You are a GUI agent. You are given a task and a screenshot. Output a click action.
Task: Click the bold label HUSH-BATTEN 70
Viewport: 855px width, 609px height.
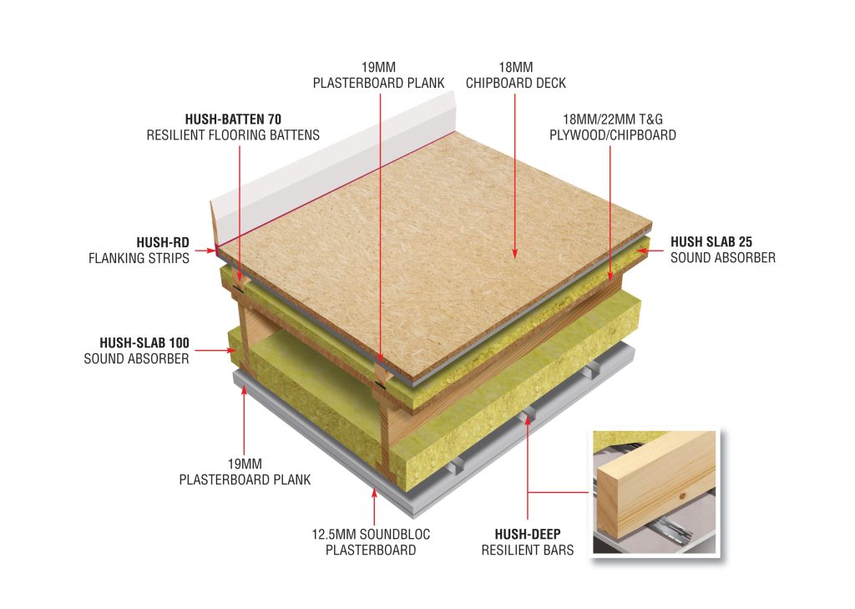[233, 119]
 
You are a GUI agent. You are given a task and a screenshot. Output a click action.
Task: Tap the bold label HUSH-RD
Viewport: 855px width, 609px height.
[163, 242]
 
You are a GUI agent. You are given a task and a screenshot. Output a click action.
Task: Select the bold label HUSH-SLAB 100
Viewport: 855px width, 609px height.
[144, 343]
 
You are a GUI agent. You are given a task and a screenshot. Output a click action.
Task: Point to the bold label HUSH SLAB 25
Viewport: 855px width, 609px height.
[711, 241]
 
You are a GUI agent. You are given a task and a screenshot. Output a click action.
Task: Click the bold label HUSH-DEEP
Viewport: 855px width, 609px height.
[528, 535]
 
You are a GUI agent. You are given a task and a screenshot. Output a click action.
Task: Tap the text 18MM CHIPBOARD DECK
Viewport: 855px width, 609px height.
[516, 75]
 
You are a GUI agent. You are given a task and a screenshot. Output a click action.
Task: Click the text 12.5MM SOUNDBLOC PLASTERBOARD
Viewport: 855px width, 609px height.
[371, 542]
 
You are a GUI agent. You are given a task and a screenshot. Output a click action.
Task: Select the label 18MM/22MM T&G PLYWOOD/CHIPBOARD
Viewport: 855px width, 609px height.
[612, 127]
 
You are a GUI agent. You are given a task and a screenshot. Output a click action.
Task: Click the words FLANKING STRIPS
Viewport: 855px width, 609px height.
[139, 258]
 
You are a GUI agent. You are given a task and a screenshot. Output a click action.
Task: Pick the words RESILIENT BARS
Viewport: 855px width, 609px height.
[528, 550]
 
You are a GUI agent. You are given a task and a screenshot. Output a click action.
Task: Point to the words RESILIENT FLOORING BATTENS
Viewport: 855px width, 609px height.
[233, 134]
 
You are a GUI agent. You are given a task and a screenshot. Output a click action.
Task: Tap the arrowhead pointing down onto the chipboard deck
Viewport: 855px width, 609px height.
[514, 253]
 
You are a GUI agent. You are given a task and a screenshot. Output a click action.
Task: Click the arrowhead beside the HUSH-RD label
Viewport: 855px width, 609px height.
[212, 251]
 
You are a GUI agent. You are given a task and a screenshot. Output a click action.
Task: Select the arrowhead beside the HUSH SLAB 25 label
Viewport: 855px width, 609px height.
[642, 251]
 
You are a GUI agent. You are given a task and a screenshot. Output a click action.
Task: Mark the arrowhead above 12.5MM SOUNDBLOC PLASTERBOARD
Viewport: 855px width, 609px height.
[374, 493]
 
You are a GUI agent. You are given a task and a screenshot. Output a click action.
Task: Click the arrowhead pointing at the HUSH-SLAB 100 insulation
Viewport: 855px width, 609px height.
[230, 350]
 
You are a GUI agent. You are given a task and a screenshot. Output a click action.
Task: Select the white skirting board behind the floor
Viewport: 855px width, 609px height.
[332, 163]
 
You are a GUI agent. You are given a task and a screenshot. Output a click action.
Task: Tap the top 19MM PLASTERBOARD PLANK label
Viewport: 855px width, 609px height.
[378, 75]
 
